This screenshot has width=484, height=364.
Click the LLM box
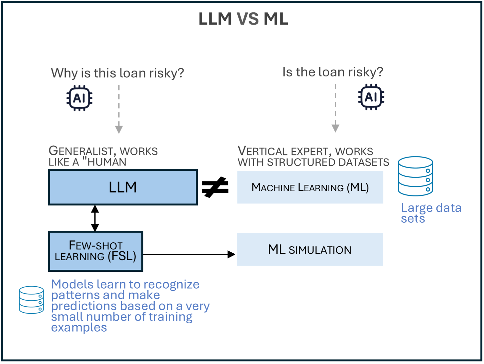(x=123, y=187)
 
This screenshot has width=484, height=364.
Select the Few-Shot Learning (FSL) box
(x=96, y=251)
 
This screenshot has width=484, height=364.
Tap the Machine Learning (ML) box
(x=310, y=187)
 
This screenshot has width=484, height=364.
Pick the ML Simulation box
(x=310, y=249)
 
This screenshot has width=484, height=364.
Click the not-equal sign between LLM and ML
(x=215, y=187)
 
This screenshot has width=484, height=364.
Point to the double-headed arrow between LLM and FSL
(x=95, y=218)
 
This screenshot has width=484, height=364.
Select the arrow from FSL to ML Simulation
(x=189, y=254)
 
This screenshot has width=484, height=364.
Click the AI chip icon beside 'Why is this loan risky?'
(x=79, y=98)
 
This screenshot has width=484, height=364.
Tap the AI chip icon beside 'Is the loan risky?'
(x=371, y=97)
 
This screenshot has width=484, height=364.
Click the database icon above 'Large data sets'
(x=415, y=176)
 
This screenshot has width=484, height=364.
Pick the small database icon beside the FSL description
(x=31, y=300)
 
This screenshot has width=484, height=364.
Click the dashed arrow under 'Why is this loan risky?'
(x=119, y=109)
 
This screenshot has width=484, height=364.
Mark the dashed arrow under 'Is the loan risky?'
(x=335, y=108)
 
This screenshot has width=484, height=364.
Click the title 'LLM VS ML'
(x=243, y=19)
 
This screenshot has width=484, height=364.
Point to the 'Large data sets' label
(x=431, y=213)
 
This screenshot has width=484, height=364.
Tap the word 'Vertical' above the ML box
(x=263, y=151)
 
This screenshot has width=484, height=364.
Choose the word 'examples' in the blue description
(x=79, y=328)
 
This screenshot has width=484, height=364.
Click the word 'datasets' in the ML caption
(x=364, y=162)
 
